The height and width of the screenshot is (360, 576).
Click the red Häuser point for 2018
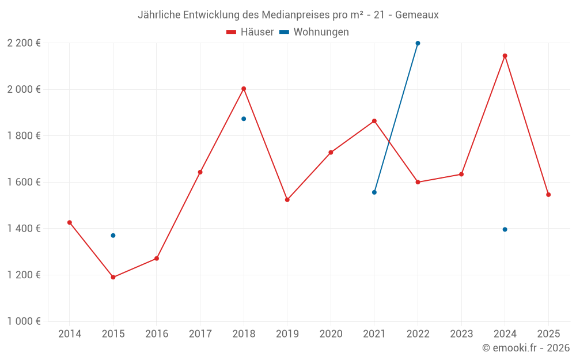point(244,89)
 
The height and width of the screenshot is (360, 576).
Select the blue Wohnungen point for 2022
point(418,43)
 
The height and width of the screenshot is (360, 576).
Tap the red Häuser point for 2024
point(505,56)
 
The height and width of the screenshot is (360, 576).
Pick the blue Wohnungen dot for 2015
point(113,236)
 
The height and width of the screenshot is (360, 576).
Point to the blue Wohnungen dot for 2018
point(244,119)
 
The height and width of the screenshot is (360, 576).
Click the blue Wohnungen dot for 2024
point(505,229)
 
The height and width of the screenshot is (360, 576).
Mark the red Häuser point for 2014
point(70,222)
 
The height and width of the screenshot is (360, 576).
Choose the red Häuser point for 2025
point(548,195)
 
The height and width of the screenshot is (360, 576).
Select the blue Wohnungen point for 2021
point(374,192)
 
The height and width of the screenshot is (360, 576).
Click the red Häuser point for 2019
point(287,200)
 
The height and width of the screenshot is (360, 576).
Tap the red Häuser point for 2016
point(157,259)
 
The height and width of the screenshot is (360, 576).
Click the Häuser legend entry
point(250,32)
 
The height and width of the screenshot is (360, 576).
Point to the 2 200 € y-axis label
point(24,43)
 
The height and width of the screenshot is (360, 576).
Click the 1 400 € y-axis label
point(24,229)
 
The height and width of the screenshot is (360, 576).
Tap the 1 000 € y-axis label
point(24,321)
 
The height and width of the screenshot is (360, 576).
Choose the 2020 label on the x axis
point(331,334)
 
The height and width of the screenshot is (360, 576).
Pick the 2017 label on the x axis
point(200,334)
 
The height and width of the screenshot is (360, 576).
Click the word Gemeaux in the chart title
point(416,15)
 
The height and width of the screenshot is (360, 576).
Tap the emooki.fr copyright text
point(526,348)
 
